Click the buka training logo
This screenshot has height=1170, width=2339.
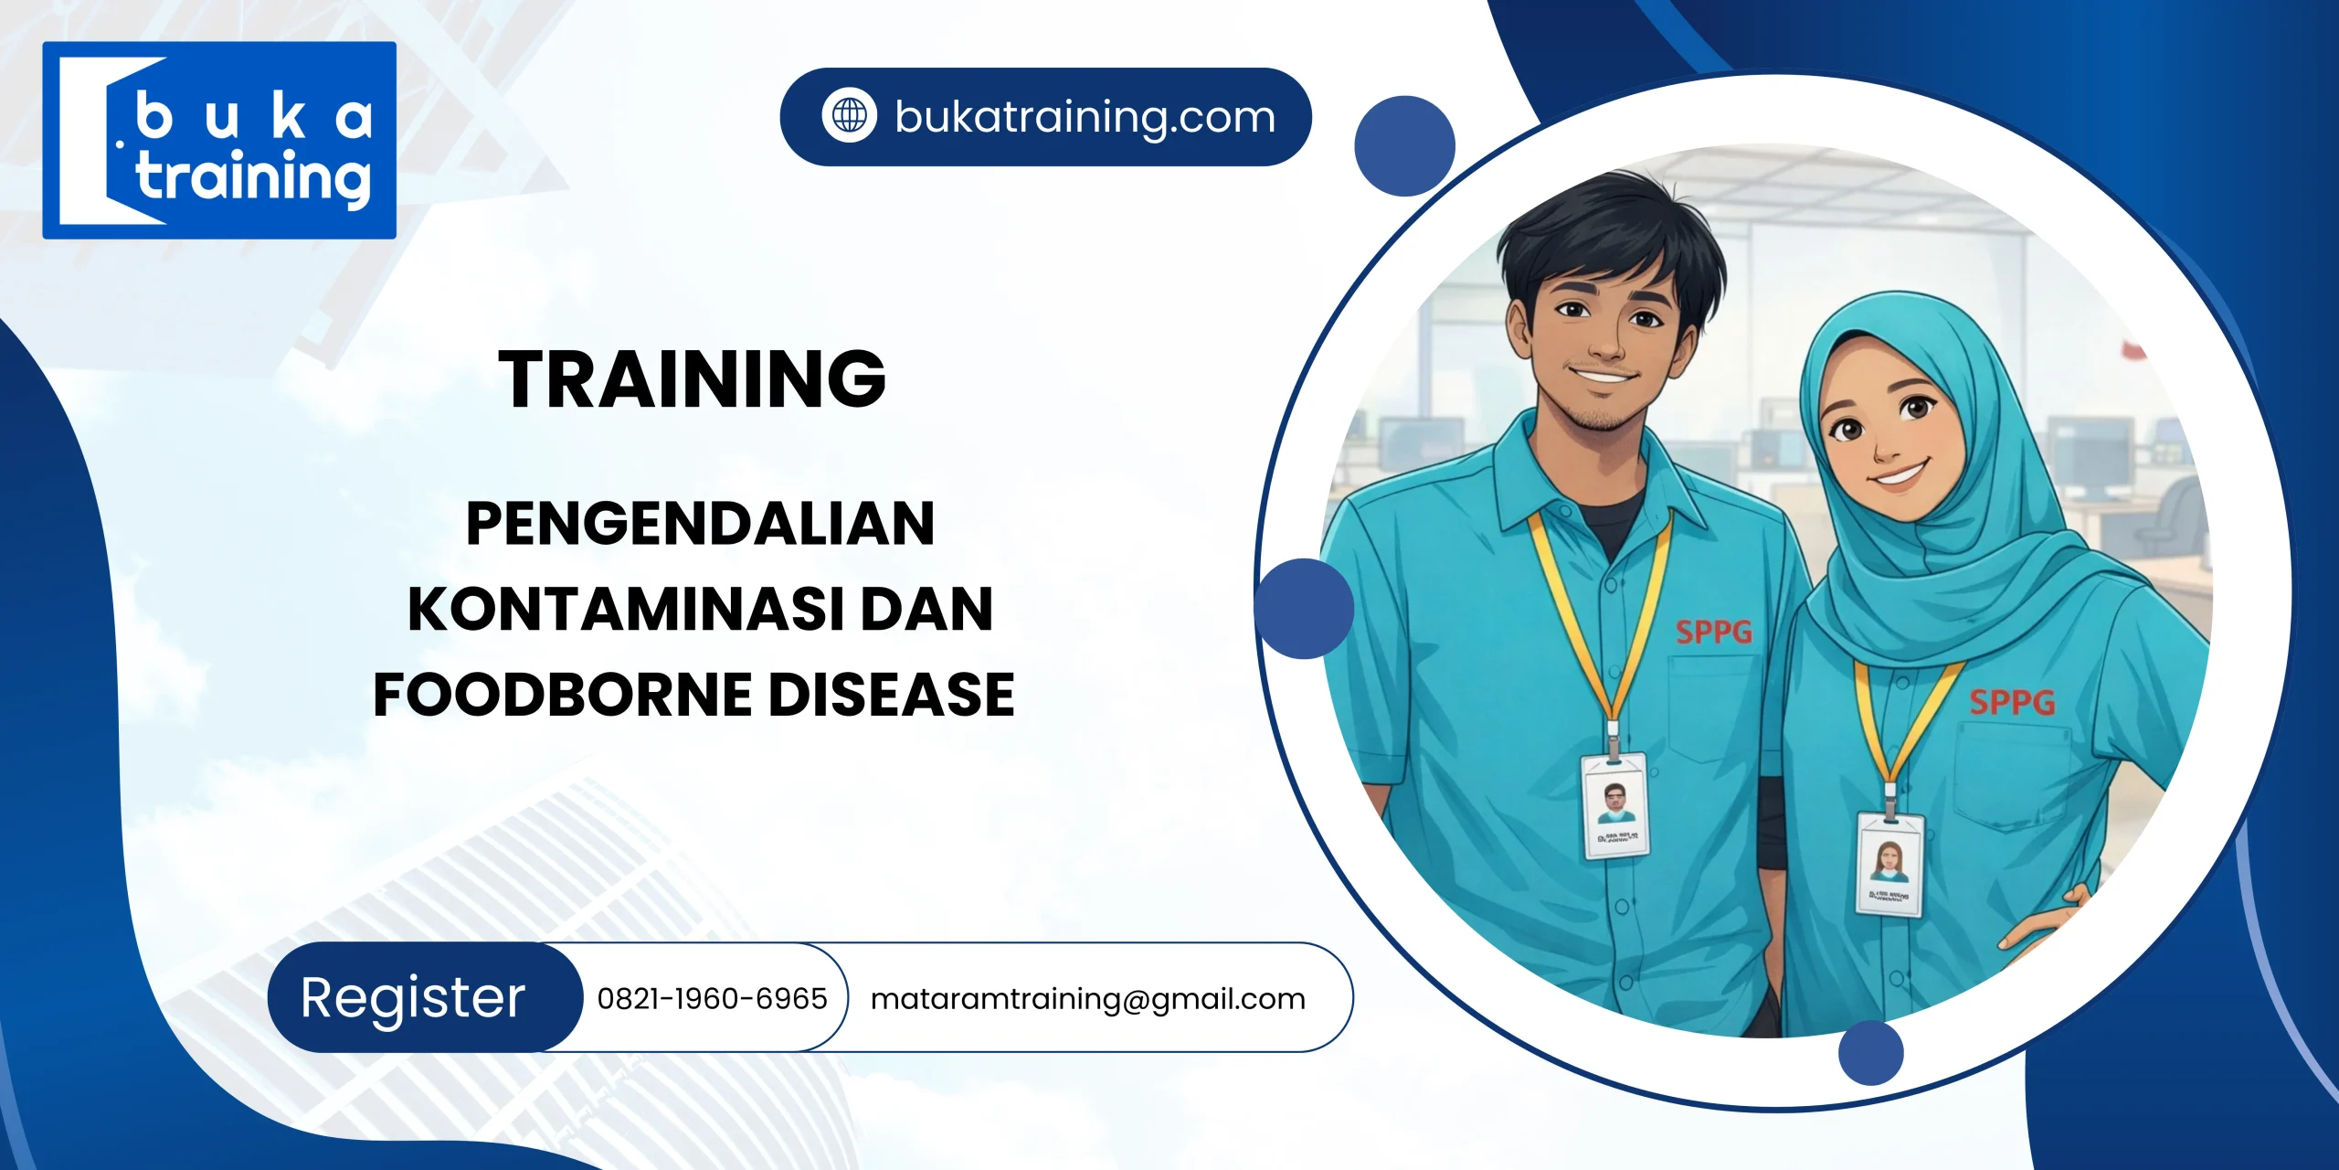219,141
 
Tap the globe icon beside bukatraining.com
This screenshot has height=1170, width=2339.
849,116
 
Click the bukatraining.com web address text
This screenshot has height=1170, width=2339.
1085,117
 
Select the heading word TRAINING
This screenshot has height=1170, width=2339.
692,379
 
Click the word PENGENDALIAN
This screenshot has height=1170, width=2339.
700,524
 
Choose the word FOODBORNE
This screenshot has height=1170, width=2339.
563,695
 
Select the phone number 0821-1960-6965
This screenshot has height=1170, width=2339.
712,999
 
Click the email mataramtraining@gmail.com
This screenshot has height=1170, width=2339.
1087,999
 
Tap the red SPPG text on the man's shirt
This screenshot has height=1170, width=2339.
1713,632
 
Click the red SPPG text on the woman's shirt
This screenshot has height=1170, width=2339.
2011,702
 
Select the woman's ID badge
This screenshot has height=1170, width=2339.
1889,864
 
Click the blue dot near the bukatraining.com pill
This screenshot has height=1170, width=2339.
1404,146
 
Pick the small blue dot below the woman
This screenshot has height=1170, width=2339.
1870,1053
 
